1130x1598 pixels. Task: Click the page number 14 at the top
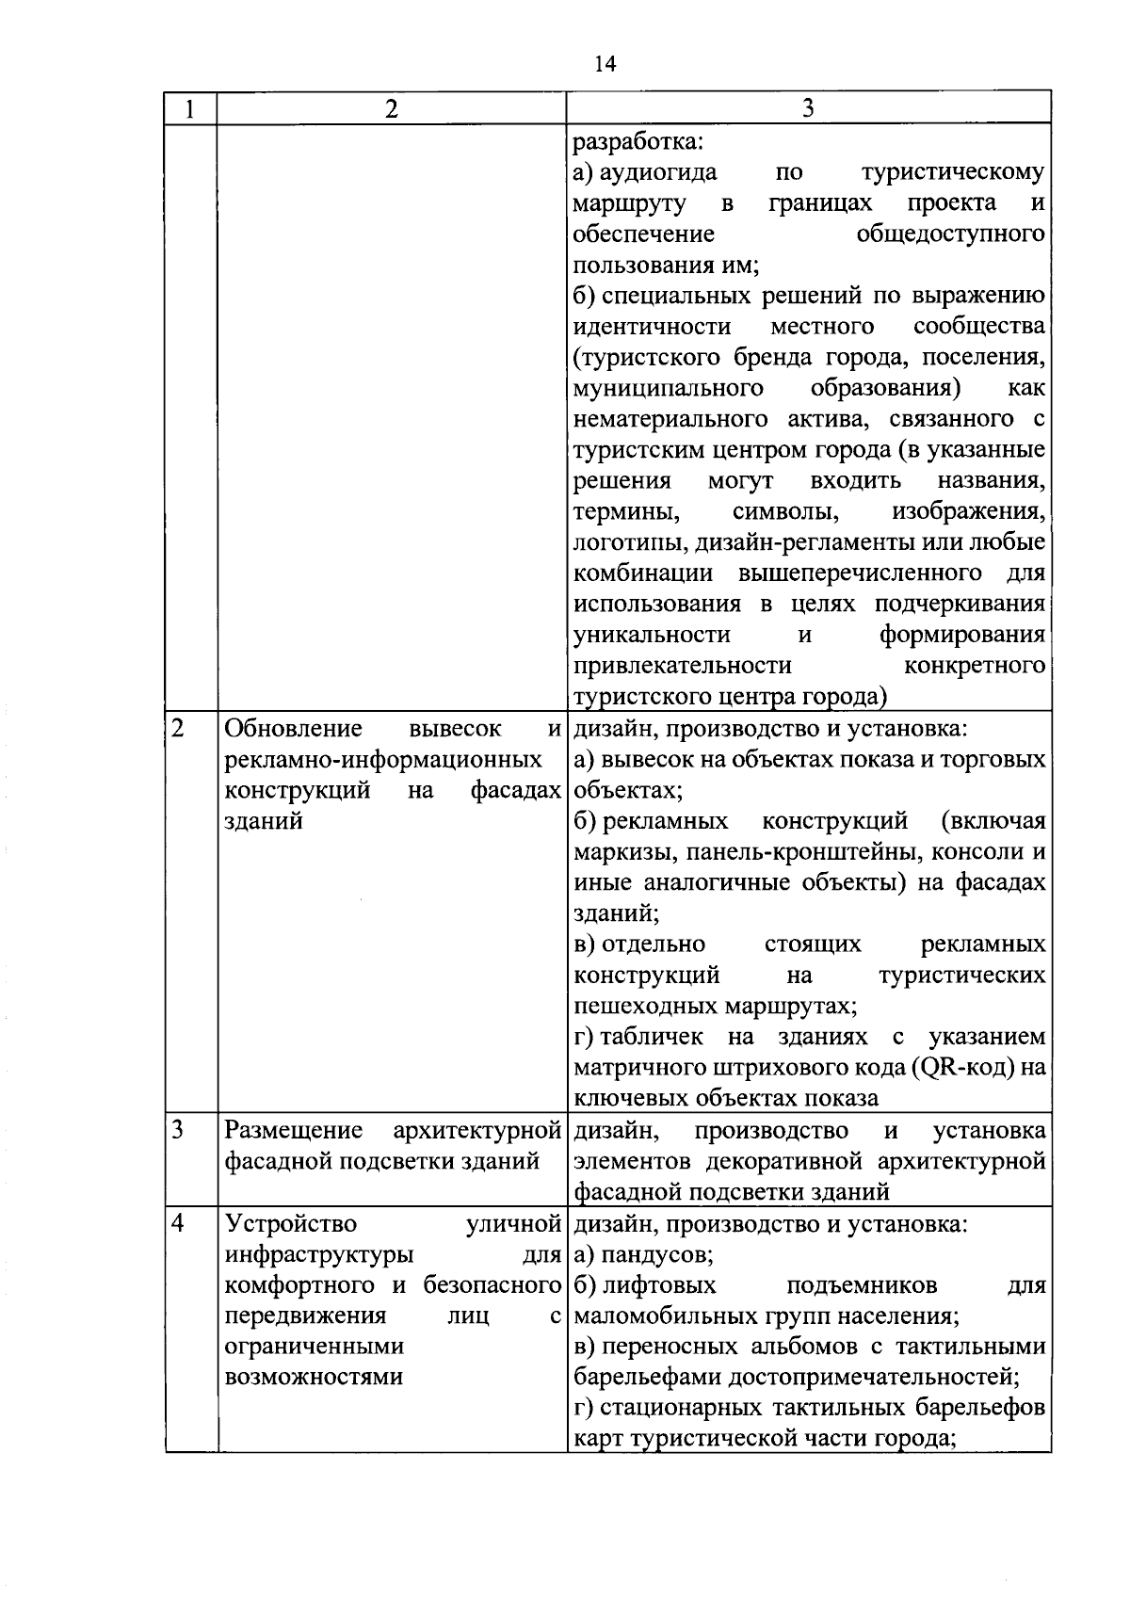click(605, 64)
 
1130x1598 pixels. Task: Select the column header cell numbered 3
click(808, 108)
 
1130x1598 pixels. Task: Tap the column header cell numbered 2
click(391, 108)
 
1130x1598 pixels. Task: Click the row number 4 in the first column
click(178, 1223)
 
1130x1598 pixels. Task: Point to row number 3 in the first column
click(178, 1129)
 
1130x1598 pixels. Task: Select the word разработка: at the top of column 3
click(638, 141)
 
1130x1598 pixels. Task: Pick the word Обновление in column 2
click(294, 728)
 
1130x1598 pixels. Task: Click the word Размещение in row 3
click(294, 1129)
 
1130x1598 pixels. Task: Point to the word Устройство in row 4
click(291, 1223)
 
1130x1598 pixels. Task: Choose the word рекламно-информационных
click(383, 759)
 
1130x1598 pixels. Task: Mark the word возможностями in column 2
click(314, 1377)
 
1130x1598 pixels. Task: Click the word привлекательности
click(683, 666)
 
